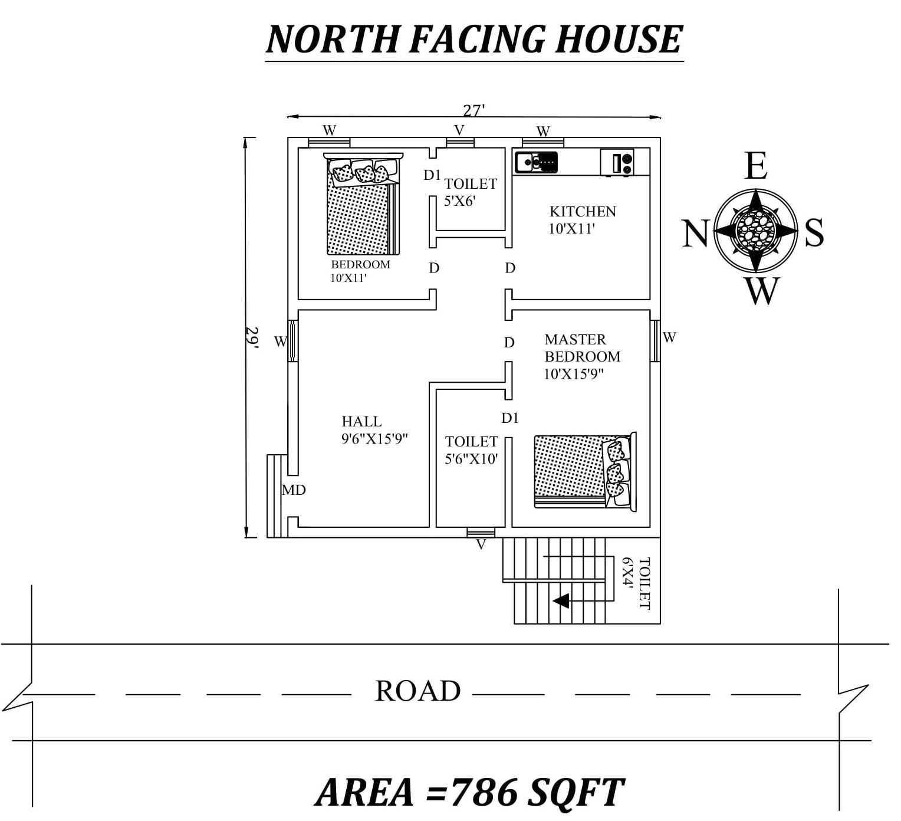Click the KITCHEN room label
click(x=583, y=211)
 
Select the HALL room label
click(x=361, y=422)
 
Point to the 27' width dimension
click(x=473, y=110)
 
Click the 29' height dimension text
click(x=252, y=339)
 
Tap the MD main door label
click(x=294, y=490)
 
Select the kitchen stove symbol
click(x=617, y=162)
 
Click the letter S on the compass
click(x=814, y=232)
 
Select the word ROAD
click(x=417, y=691)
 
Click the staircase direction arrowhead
click(x=561, y=600)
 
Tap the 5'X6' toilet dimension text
click(x=459, y=201)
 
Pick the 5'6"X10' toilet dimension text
click(x=471, y=459)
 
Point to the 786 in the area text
click(x=482, y=792)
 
